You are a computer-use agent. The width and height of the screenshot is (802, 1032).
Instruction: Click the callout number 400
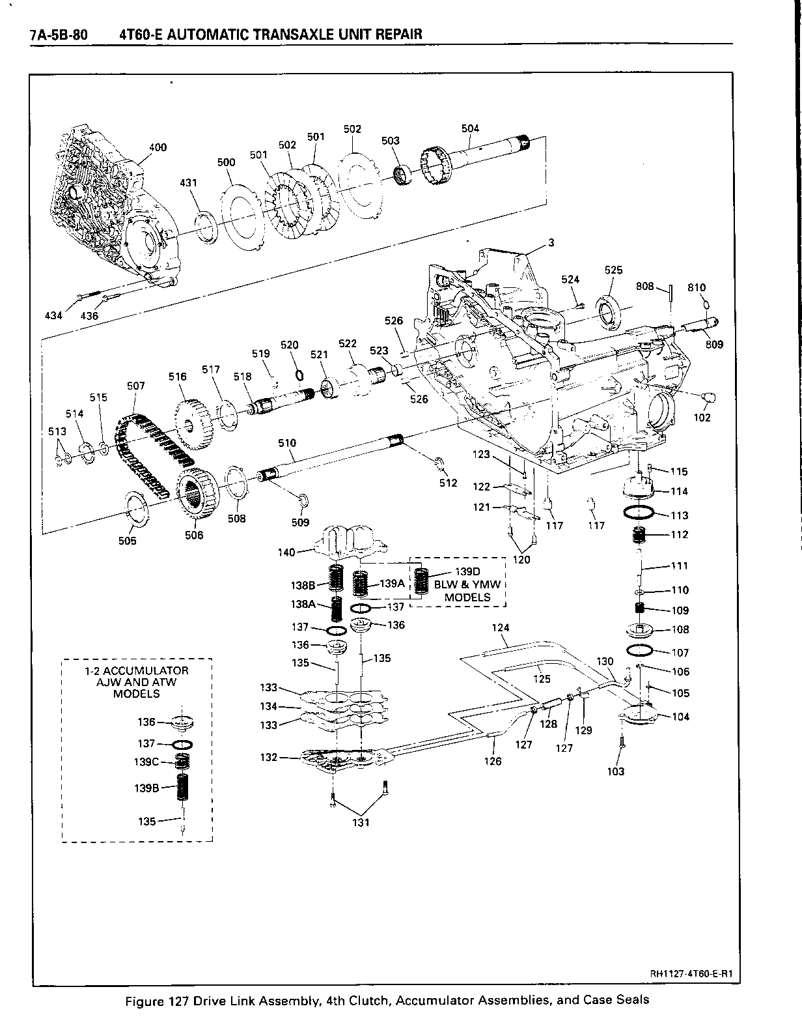pos(158,147)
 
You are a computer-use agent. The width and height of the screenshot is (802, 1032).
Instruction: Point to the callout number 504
pos(470,128)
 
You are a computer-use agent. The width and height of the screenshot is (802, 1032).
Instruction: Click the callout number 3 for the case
pos(551,243)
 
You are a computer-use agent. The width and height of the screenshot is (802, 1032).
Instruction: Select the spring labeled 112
pos(641,536)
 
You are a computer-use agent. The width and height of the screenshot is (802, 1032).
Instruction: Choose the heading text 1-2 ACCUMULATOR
pos(137,670)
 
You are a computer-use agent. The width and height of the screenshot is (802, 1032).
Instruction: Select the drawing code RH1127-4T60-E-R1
pos(692,974)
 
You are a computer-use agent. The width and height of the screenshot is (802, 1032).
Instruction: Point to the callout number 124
pos(501,628)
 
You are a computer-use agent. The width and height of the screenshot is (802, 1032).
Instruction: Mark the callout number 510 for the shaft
pos(286,443)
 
